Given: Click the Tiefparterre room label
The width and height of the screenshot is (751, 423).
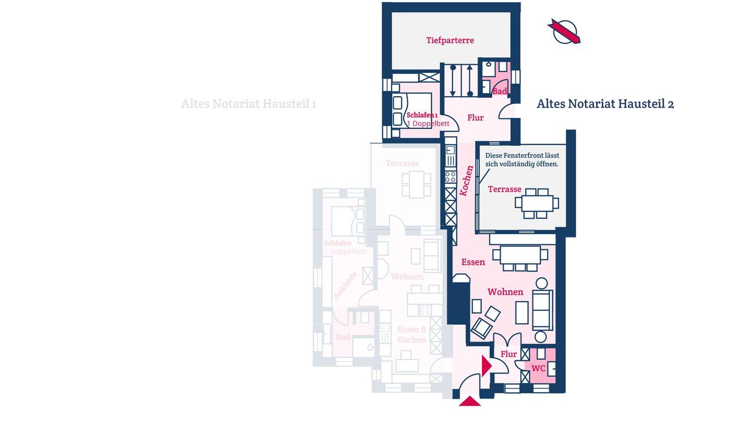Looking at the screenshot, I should pyautogui.click(x=450, y=40).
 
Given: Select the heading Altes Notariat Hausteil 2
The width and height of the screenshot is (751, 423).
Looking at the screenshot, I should pyautogui.click(x=605, y=104).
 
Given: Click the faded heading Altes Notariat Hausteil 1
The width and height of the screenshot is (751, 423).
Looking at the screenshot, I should pyautogui.click(x=249, y=104).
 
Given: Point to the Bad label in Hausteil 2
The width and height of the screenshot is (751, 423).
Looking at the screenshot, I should pyautogui.click(x=499, y=91).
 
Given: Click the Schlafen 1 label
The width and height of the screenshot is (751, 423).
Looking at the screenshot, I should pyautogui.click(x=422, y=115).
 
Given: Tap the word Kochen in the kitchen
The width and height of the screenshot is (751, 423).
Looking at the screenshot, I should pyautogui.click(x=467, y=181).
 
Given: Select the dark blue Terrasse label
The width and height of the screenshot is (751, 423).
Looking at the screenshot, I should pyautogui.click(x=504, y=189).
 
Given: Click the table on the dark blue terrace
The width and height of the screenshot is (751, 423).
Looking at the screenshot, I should pyautogui.click(x=537, y=203).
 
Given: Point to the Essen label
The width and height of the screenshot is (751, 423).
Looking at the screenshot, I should pyautogui.click(x=473, y=262).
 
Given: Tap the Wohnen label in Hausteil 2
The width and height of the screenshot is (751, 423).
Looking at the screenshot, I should pyautogui.click(x=505, y=292).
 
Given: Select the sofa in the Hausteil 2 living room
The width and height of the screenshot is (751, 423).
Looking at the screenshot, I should pyautogui.click(x=542, y=310).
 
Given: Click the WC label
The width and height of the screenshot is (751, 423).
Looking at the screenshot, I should pyautogui.click(x=538, y=368).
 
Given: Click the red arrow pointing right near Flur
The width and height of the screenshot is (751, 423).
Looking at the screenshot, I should pyautogui.click(x=486, y=366).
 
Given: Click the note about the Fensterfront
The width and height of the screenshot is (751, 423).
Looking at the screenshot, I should pyautogui.click(x=522, y=160).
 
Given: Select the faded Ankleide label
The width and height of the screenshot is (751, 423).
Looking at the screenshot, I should pyautogui.click(x=345, y=285).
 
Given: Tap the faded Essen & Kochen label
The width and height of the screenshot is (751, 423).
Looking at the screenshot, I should pyautogui.click(x=411, y=334).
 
